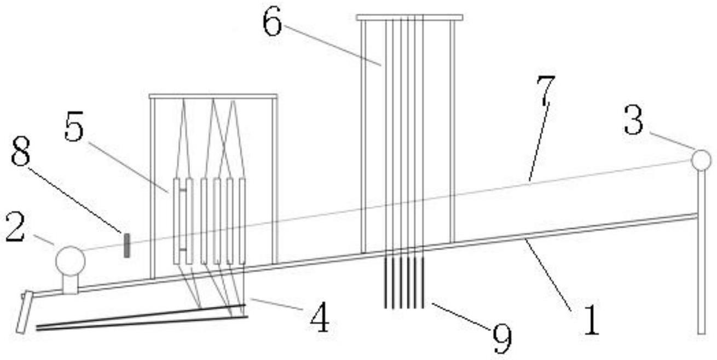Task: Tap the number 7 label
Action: (x=545, y=91)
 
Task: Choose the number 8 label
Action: (x=21, y=156)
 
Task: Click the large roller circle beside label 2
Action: (x=71, y=260)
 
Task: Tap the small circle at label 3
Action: (x=701, y=160)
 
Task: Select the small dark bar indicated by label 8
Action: (x=126, y=245)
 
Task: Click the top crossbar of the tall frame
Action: (x=409, y=18)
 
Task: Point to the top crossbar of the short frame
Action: (x=213, y=96)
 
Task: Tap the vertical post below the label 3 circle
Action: (x=701, y=252)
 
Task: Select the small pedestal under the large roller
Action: (x=70, y=283)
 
